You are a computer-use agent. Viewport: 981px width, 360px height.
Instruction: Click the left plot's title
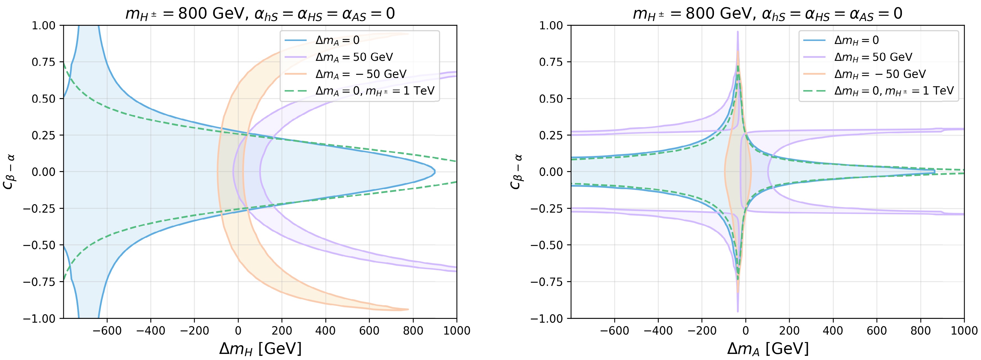[260, 14]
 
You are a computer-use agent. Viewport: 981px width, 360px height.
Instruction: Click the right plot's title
[767, 14]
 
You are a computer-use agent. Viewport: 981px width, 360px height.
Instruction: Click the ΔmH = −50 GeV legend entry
[880, 74]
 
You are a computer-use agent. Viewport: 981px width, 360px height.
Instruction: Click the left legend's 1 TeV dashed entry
[375, 91]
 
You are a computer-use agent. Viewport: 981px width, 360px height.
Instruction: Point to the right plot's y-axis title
[516, 171]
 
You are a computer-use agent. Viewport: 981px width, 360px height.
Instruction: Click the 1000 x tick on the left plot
[457, 330]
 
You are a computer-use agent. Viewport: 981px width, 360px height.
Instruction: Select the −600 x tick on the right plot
[614, 330]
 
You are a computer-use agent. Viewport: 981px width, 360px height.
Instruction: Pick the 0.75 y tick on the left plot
[43, 62]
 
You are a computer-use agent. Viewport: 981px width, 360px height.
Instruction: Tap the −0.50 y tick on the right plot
[546, 245]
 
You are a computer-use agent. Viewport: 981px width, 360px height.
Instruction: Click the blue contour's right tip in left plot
[435, 172]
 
